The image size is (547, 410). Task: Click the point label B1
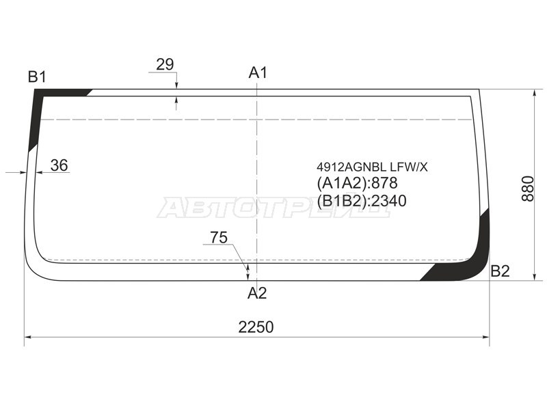[x=37, y=77]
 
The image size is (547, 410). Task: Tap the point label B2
[x=501, y=271]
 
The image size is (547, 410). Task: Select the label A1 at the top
[x=258, y=73]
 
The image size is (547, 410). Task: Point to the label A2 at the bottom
[x=257, y=293]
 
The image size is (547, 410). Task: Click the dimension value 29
[x=165, y=64]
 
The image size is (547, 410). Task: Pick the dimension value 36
[x=59, y=165]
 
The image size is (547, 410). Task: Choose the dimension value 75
[x=219, y=237]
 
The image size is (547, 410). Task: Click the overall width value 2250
[x=256, y=327]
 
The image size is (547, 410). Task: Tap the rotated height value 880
[x=528, y=189]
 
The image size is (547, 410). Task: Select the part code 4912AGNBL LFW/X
[x=372, y=167]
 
